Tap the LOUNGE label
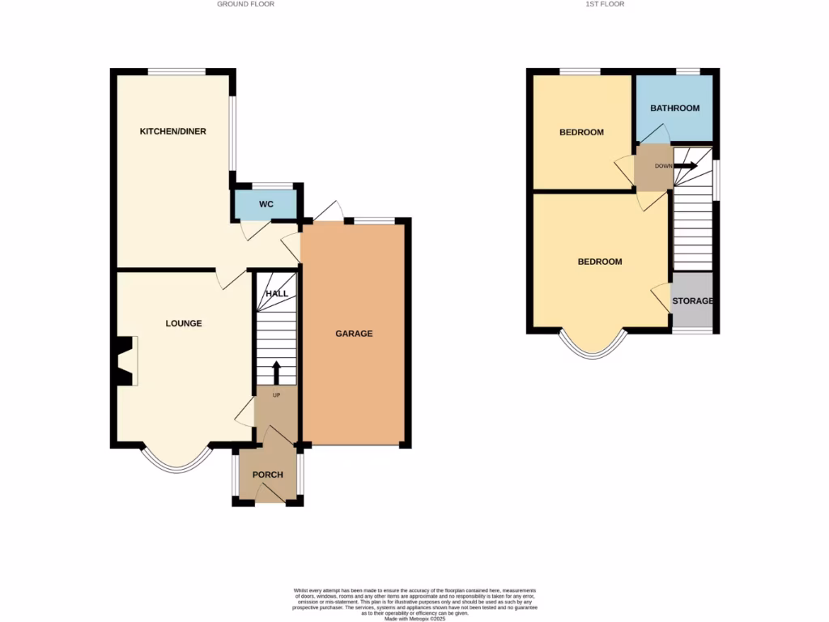tap(184, 324)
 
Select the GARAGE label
tap(355, 334)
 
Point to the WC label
tap(266, 204)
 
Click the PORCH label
tap(267, 475)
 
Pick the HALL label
tap(277, 293)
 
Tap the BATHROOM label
tap(674, 109)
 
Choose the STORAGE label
tap(692, 301)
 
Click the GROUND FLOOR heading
tap(245, 4)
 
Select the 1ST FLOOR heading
tap(606, 4)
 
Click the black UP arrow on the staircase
tap(275, 373)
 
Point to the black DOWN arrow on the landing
tap(686, 166)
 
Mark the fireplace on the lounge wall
tap(126, 361)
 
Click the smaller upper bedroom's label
tap(581, 133)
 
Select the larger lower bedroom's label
tap(599, 262)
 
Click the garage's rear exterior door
tap(329, 211)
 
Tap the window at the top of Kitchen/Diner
tap(176, 71)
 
